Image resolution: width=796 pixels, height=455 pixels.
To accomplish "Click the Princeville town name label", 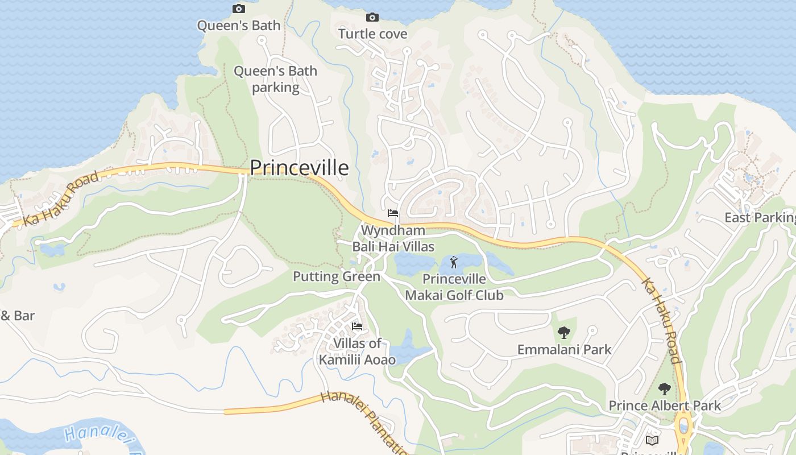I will click(299, 168).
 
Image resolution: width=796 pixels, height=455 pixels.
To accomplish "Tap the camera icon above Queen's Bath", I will click(239, 9).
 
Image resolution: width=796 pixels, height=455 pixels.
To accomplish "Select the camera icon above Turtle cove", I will click(372, 17).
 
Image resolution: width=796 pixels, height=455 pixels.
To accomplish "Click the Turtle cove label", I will click(373, 34).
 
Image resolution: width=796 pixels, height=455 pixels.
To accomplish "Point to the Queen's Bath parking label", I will click(275, 79).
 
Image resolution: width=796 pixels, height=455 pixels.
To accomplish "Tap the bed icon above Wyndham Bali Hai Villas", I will click(392, 213).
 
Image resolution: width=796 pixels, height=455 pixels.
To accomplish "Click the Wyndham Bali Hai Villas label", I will click(393, 238).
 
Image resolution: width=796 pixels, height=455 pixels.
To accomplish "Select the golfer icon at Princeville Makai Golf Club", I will click(453, 262).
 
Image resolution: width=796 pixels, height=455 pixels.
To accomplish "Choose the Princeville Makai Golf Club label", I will click(454, 287).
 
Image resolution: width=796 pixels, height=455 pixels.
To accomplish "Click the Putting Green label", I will click(337, 277).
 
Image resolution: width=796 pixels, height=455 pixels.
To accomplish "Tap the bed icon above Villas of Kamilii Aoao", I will click(357, 326).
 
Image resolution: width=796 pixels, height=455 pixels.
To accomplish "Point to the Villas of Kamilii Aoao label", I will click(357, 351).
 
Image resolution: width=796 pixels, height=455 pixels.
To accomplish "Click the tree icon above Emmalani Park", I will click(564, 332).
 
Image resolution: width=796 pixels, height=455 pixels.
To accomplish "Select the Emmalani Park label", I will click(564, 350).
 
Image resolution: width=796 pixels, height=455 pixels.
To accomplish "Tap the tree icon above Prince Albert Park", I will click(664, 389).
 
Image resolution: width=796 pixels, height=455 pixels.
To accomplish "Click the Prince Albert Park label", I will click(665, 406).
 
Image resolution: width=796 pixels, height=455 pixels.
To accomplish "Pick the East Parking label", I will click(760, 217).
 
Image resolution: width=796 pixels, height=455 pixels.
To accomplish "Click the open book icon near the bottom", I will click(652, 440).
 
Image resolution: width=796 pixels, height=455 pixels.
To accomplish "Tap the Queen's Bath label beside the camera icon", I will click(239, 26).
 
